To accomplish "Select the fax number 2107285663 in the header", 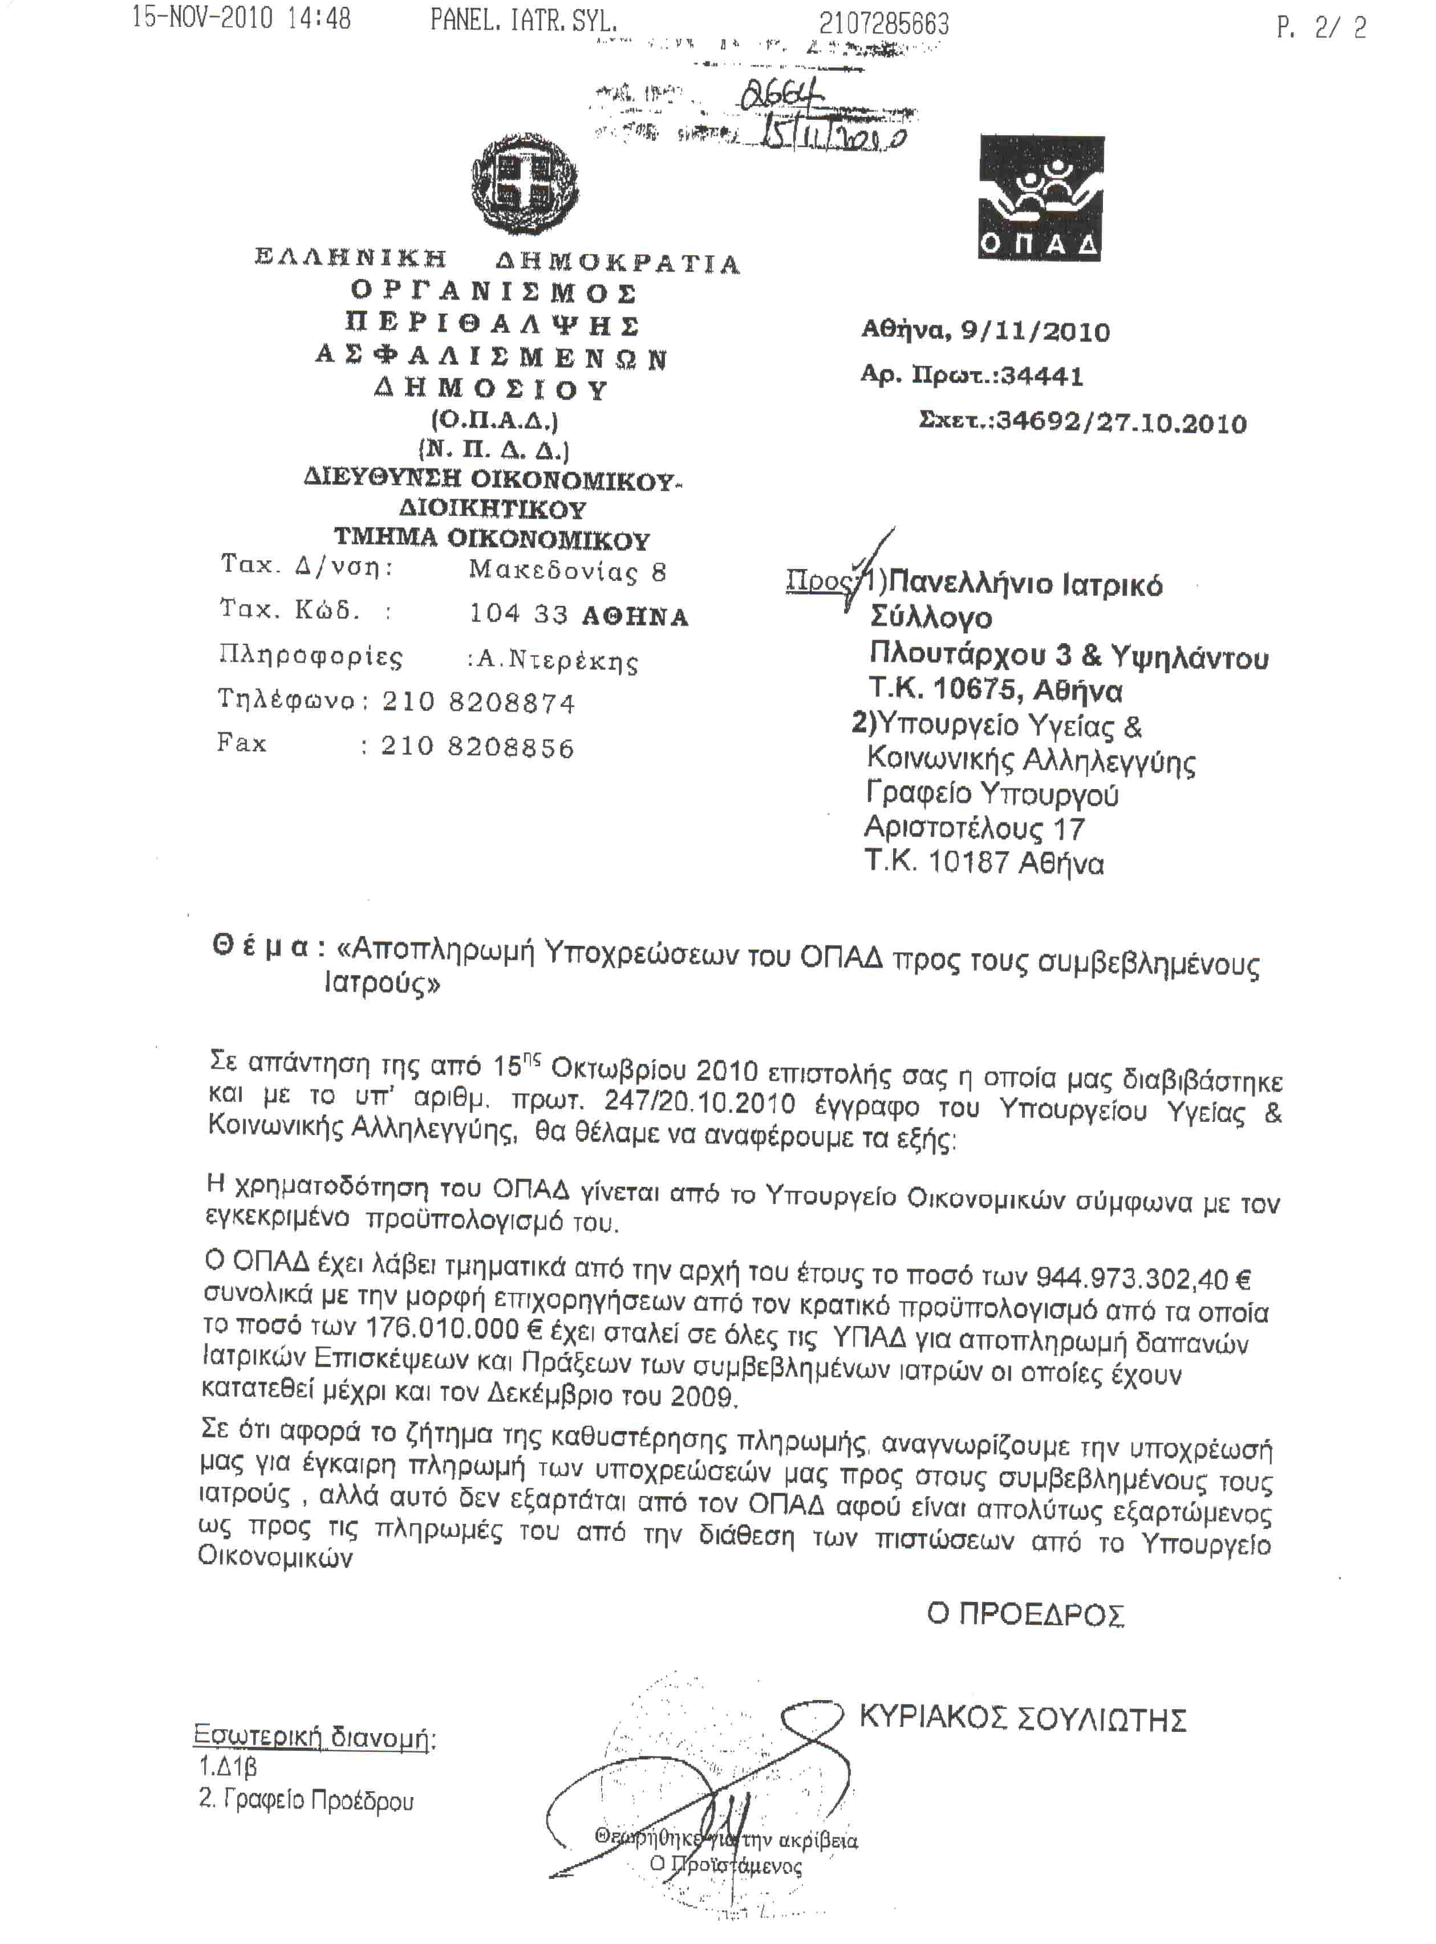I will (883, 23).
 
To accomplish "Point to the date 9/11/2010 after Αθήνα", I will (1035, 331).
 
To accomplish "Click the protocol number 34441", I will (1041, 376).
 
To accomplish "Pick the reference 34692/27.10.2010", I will (1121, 423).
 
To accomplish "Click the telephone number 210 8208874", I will (478, 702).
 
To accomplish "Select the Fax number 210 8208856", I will (477, 747).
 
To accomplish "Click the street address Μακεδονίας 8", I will (567, 571).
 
